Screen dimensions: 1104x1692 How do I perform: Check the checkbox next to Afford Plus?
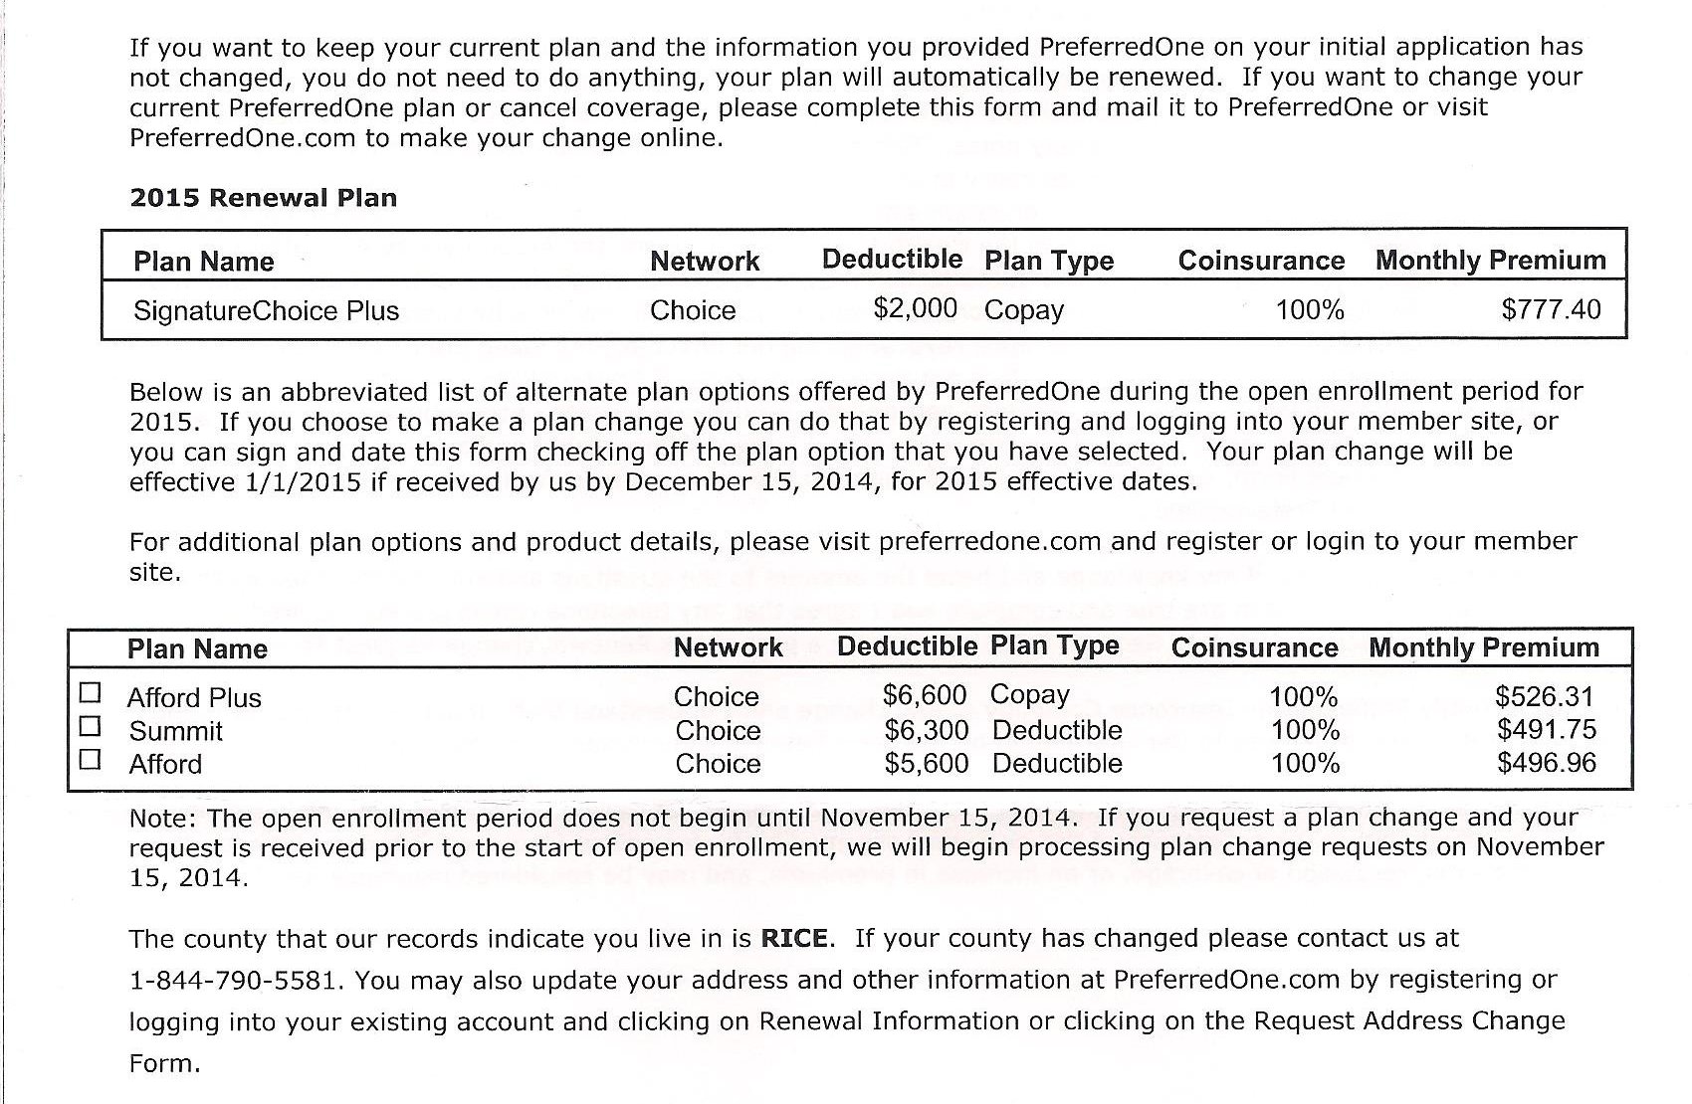(91, 692)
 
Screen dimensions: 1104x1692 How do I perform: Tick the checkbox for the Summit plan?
(91, 726)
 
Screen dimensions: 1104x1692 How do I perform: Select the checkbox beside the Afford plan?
(91, 760)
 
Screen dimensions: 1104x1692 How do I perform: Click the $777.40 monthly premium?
(1551, 309)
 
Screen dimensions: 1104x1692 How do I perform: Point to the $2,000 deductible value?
(915, 307)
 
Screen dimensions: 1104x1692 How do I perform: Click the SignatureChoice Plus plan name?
(266, 311)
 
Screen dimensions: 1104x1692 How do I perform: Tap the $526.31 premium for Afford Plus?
(1544, 696)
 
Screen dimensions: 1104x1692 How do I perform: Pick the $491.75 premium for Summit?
(1546, 729)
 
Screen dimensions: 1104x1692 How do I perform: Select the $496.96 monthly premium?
(1546, 763)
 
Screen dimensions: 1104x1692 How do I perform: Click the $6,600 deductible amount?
(925, 694)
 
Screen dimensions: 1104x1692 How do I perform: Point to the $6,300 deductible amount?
(926, 730)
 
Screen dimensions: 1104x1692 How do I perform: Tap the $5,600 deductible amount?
(926, 763)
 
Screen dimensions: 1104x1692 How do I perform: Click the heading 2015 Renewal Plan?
(263, 197)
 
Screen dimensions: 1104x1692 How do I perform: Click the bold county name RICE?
(794, 938)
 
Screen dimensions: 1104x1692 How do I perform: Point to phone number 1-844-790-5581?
(237, 980)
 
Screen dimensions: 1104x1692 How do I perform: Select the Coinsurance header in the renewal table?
(1261, 261)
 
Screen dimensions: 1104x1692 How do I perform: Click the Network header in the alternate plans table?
(728, 647)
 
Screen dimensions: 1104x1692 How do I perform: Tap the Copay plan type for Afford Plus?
(1029, 694)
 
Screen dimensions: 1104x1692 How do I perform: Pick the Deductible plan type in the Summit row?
(1057, 730)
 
